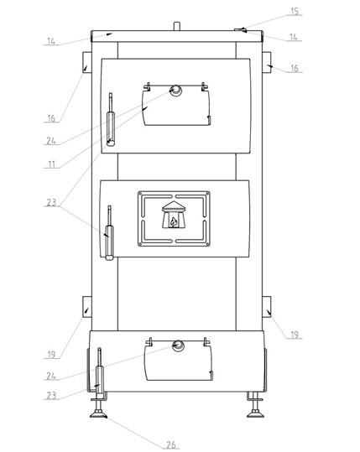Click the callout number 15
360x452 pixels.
pyautogui.click(x=294, y=12)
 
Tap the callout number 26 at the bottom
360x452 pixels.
pyautogui.click(x=171, y=444)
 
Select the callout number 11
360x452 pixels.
pyautogui.click(x=51, y=164)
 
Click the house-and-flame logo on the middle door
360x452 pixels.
pyautogui.click(x=174, y=215)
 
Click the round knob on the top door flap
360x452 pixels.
pyautogui.click(x=175, y=91)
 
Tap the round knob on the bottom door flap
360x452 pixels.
pyautogui.click(x=178, y=345)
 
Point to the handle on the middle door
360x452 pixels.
pyautogui.click(x=109, y=232)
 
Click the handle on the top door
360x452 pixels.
pyautogui.click(x=111, y=119)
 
